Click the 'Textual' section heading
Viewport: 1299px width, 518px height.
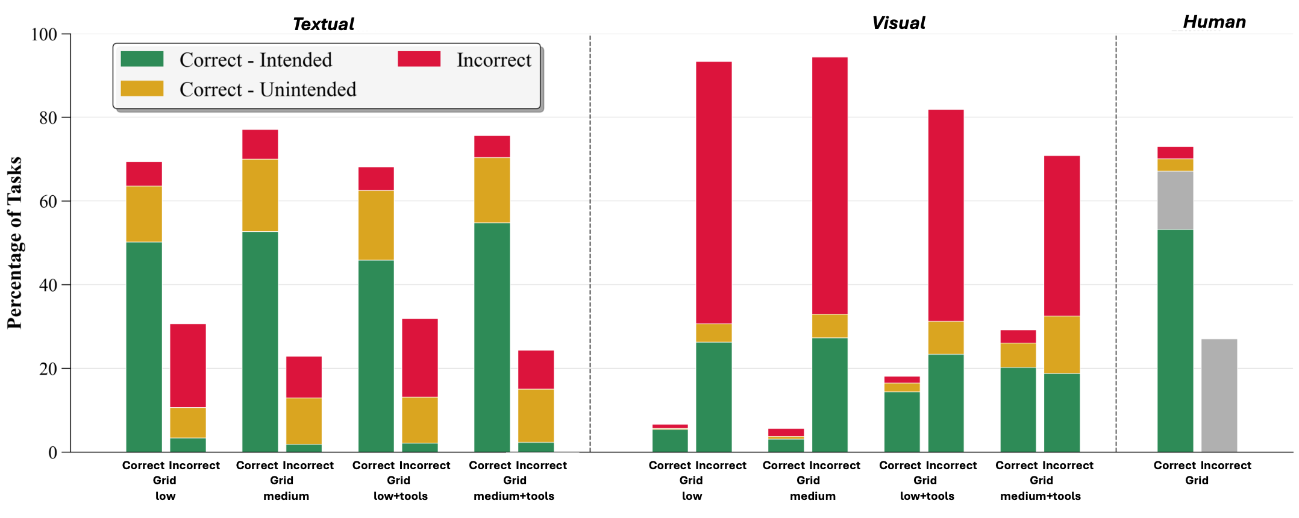(324, 24)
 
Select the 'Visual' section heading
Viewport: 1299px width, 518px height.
(898, 23)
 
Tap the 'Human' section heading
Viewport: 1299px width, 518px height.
(1214, 22)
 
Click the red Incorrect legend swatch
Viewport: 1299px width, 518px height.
(419, 59)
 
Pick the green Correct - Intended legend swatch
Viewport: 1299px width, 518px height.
(142, 59)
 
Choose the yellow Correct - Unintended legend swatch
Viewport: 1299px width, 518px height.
(142, 89)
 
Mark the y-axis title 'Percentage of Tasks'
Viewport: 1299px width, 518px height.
(14, 243)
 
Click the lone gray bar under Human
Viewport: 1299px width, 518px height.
(1219, 395)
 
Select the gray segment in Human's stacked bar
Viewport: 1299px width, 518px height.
(1175, 200)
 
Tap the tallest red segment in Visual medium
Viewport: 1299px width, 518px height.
(830, 186)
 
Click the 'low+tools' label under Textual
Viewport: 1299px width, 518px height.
(401, 496)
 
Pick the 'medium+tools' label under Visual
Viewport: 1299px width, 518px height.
(1041, 496)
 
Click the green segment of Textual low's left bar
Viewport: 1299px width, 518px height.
(144, 346)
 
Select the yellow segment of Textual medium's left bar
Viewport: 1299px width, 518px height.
(260, 195)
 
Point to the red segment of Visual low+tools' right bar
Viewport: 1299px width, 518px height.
(946, 215)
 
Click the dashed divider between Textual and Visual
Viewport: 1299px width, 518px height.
(590, 241)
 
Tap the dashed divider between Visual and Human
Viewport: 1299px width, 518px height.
(1116, 241)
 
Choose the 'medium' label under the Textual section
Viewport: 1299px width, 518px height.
(286, 496)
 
